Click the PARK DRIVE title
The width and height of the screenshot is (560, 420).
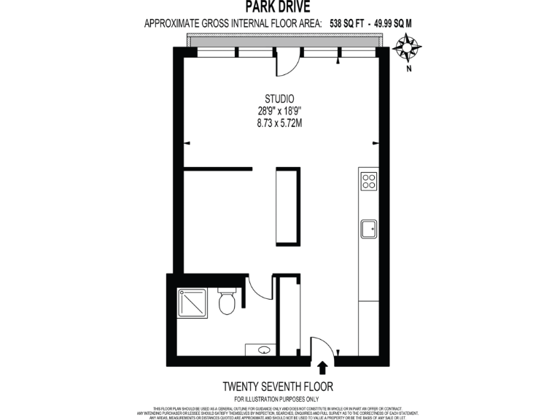(279, 8)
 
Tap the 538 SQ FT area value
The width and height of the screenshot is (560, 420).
(347, 23)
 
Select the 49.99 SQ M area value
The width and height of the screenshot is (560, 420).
(393, 23)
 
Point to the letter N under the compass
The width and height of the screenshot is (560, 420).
(409, 69)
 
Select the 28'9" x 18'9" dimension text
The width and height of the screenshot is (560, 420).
(279, 111)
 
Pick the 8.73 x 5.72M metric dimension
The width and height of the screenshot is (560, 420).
(279, 123)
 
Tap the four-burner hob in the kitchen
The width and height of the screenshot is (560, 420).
(368, 180)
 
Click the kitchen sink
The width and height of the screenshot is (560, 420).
(368, 229)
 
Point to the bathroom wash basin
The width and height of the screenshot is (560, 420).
(263, 350)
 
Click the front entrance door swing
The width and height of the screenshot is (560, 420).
(322, 347)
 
